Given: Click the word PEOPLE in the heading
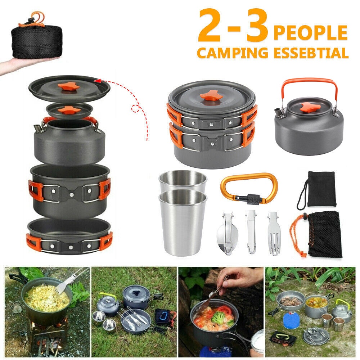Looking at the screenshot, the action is (x=310, y=32).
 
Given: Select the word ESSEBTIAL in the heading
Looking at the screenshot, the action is (x=311, y=53).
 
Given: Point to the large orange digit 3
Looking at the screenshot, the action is (x=257, y=25).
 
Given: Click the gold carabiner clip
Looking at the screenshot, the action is (x=249, y=189).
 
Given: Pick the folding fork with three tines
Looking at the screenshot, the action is (x=273, y=233).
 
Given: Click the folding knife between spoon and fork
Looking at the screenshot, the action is (x=251, y=232).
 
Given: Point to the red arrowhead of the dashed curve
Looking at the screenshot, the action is (x=98, y=81).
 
